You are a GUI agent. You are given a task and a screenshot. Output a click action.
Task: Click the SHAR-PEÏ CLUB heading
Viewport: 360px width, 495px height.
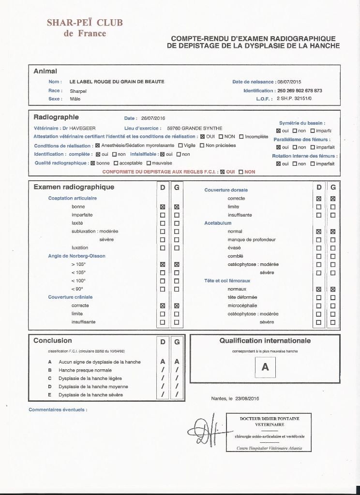pyautogui.click(x=85, y=22)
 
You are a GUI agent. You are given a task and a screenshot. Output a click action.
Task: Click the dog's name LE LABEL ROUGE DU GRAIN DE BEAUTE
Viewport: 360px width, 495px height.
pyautogui.click(x=117, y=82)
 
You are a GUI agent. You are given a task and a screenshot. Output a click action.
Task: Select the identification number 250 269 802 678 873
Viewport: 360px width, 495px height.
pyautogui.click(x=300, y=90)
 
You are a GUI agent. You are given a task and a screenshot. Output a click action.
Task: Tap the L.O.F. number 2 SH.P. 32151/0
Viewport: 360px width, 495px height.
pyautogui.click(x=294, y=99)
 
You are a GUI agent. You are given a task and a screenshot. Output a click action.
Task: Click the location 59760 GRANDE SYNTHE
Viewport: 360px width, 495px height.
pyautogui.click(x=195, y=128)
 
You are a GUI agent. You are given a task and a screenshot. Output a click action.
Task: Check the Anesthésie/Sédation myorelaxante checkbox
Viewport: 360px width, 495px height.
pyautogui.click(x=97, y=146)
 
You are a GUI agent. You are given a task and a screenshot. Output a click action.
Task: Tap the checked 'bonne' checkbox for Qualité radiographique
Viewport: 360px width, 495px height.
pyautogui.click(x=92, y=163)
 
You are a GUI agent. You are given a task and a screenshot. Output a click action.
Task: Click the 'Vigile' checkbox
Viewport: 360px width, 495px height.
pyautogui.click(x=180, y=146)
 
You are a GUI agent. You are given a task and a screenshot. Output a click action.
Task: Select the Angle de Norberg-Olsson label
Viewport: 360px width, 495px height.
pyautogui.click(x=76, y=256)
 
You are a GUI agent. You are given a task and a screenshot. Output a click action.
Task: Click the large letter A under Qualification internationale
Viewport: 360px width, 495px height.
pyautogui.click(x=265, y=367)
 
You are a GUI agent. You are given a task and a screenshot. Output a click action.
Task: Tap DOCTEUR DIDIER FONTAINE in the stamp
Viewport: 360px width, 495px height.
pyautogui.click(x=269, y=418)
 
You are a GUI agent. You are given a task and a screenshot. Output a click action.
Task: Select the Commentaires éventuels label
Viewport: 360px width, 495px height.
pyautogui.click(x=58, y=409)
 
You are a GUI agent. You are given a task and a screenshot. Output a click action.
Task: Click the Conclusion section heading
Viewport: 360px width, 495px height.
pyautogui.click(x=52, y=341)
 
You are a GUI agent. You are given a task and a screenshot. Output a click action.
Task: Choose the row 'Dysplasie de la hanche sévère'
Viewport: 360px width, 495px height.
pyautogui.click(x=90, y=395)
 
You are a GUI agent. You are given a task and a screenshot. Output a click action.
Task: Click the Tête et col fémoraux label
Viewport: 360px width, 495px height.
pyautogui.click(x=227, y=280)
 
